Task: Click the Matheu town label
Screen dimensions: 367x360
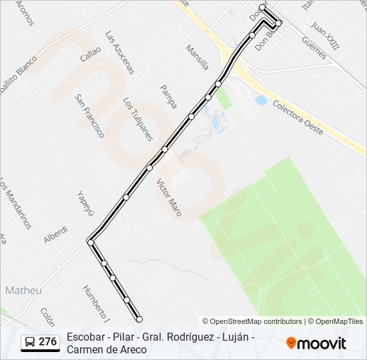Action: click(23, 291)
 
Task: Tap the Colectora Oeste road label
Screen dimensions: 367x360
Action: click(298, 119)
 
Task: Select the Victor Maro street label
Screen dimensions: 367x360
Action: click(169, 193)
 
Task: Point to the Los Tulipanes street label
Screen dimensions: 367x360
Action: click(137, 119)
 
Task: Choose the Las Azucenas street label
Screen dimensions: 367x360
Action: click(120, 52)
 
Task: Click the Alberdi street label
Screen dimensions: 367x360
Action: click(55, 235)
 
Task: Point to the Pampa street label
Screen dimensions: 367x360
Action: click(169, 97)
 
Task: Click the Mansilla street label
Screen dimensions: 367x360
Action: click(198, 57)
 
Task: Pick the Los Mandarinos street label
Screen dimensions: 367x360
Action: click(15, 203)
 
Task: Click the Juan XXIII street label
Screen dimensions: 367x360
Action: click(325, 35)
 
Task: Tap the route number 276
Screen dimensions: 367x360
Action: click(47, 342)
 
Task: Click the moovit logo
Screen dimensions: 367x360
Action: click(316, 343)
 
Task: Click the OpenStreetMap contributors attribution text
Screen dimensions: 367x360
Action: click(255, 321)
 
